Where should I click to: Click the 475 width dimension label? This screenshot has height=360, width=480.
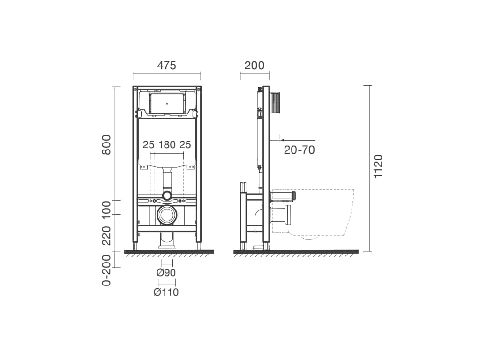pos(167,65)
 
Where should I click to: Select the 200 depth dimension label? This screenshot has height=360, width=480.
pos(255,65)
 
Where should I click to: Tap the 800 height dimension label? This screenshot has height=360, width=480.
pos(106,144)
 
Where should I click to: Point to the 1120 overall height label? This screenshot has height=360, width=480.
pos(378,166)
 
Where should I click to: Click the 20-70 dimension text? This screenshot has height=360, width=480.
pos(300,150)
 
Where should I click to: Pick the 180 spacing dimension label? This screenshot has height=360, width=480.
pos(167,144)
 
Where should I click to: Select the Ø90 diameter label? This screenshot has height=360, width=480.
pos(166,272)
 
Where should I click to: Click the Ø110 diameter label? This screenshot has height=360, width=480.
pos(166,292)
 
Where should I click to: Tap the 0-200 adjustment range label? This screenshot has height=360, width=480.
pos(106,270)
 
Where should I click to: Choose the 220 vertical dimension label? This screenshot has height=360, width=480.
pos(106,236)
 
